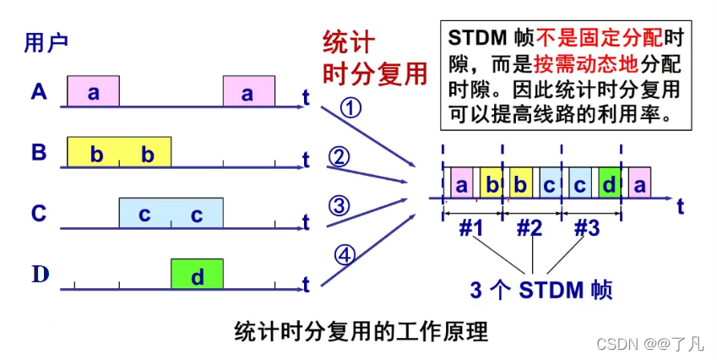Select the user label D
click(x=39, y=275)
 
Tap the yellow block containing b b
click(x=119, y=152)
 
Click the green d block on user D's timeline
click(x=197, y=275)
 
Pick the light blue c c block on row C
click(x=171, y=213)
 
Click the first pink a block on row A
click(x=93, y=92)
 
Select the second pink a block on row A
click(x=248, y=92)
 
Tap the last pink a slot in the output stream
click(x=639, y=183)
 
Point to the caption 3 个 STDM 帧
click(x=540, y=290)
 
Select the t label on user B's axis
click(x=306, y=160)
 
